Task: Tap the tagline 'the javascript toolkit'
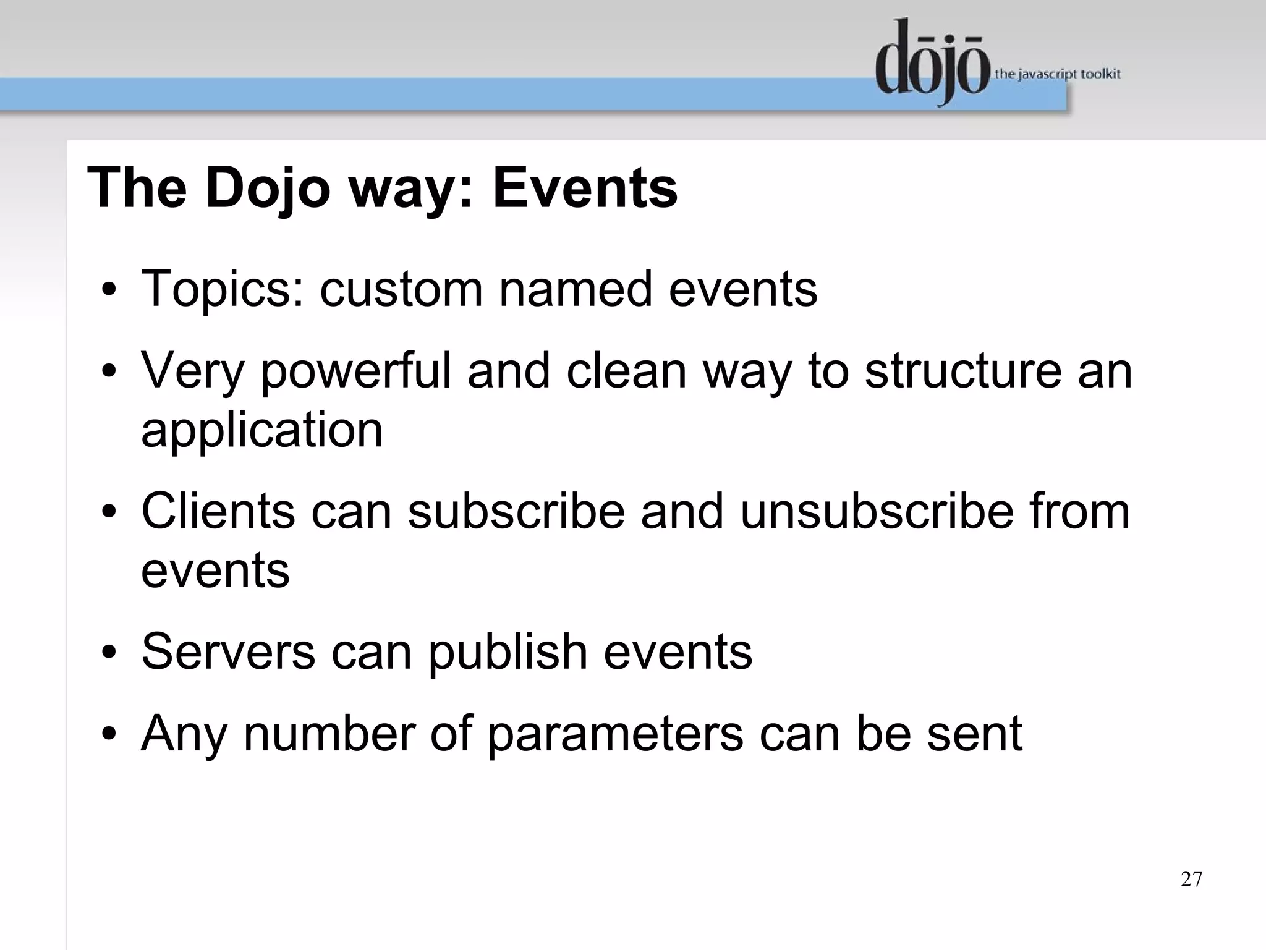pyautogui.click(x=1057, y=74)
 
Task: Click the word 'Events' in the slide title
pyautogui.click(x=585, y=188)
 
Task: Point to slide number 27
pyautogui.click(x=1191, y=879)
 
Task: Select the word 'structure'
pyautogui.click(x=963, y=371)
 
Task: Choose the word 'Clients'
pyautogui.click(x=218, y=511)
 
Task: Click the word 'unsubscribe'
pyautogui.click(x=877, y=511)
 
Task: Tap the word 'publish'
pyautogui.click(x=508, y=653)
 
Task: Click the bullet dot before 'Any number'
pyautogui.click(x=109, y=734)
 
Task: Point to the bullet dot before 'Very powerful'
pyautogui.click(x=109, y=371)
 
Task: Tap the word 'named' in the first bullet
pyautogui.click(x=576, y=289)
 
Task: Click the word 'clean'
pyautogui.click(x=626, y=371)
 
